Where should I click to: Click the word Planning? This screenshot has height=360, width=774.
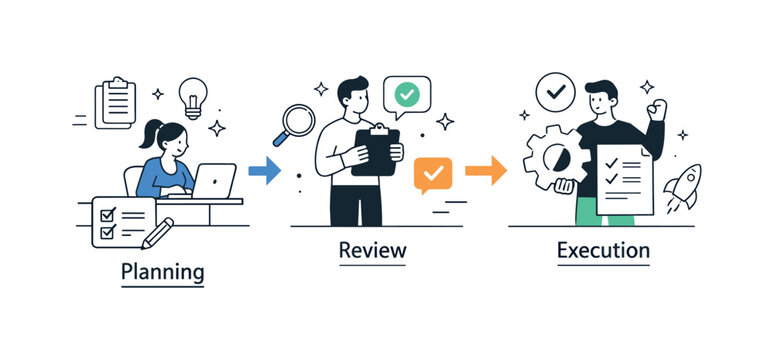tap(162, 271)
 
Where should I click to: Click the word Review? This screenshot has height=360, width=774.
tap(372, 250)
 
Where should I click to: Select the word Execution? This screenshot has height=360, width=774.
tap(603, 250)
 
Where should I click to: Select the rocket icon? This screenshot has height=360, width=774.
tap(685, 187)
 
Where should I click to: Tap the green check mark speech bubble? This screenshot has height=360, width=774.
tap(406, 95)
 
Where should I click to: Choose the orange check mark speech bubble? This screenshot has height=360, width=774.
tap(433, 175)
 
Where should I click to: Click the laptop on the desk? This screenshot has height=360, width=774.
tap(214, 180)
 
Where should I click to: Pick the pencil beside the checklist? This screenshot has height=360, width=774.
tap(157, 233)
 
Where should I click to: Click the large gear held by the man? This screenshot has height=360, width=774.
tap(549, 160)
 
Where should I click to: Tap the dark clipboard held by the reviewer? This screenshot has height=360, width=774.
tap(375, 151)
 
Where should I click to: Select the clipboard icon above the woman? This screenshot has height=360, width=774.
tap(115, 102)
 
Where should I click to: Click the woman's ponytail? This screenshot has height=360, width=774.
tap(150, 136)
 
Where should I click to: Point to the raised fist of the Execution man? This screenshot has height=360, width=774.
tap(656, 108)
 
